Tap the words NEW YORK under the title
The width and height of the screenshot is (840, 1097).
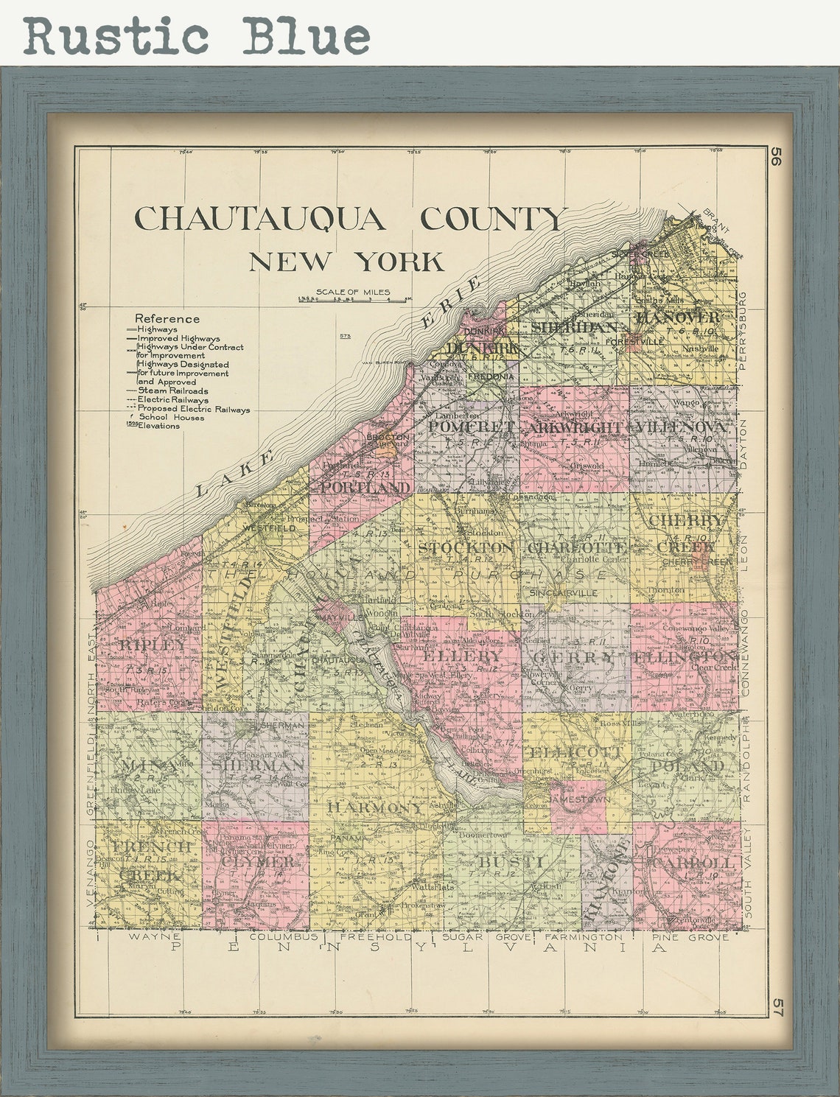coord(346,262)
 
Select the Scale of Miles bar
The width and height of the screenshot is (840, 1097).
coord(354,300)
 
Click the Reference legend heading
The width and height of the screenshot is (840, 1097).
coord(167,318)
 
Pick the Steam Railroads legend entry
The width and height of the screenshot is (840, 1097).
coord(172,391)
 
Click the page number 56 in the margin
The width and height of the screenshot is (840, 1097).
coord(775,158)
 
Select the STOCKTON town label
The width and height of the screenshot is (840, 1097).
coord(465,547)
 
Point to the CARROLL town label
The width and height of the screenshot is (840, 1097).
coord(693,862)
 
